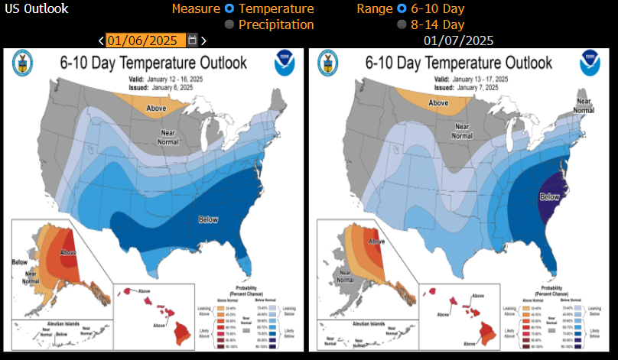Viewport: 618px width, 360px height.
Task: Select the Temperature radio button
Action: coord(229,9)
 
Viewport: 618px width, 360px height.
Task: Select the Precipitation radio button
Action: coord(229,25)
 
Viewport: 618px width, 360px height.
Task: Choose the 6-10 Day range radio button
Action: coord(402,9)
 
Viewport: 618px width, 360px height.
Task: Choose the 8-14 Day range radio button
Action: coord(402,25)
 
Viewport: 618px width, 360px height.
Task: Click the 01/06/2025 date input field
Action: coord(145,41)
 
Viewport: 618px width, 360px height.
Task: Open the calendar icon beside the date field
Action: coord(192,41)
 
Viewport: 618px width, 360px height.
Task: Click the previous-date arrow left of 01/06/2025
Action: coord(102,41)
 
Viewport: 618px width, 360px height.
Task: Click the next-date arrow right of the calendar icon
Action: coord(203,41)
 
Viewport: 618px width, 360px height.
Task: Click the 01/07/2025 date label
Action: coord(458,41)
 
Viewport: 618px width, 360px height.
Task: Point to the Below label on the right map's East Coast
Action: coord(549,196)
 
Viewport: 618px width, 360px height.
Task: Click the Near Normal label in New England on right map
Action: coord(584,105)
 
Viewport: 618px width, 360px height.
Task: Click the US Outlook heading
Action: coord(36,9)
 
